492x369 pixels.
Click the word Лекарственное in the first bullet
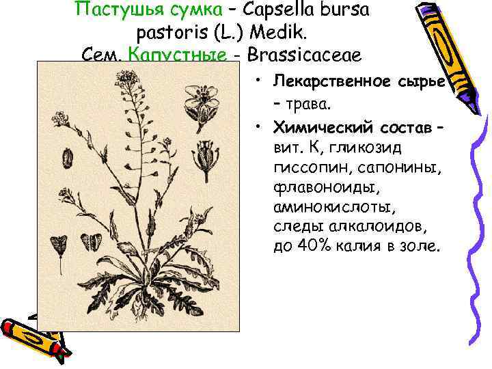point(332,81)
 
